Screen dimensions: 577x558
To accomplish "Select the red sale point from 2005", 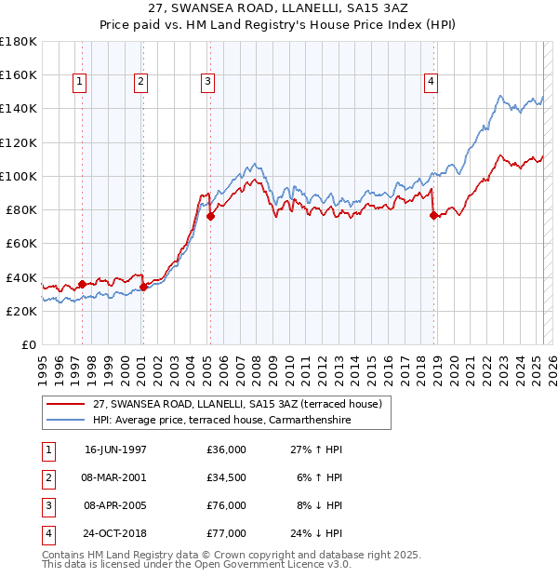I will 210,216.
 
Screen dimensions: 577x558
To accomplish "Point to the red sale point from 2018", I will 433,215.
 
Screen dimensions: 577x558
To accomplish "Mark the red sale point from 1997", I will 82,284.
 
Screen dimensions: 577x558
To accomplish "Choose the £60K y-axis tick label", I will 20,243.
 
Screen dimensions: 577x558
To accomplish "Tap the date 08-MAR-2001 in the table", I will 115,477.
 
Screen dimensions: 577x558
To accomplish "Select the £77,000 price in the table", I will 226,533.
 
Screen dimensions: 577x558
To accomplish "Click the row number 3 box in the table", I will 47,505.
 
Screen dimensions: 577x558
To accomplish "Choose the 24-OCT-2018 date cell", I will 115,533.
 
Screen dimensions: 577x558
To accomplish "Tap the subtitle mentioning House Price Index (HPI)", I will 279,25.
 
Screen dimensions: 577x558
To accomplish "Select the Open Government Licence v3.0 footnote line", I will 197,564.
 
